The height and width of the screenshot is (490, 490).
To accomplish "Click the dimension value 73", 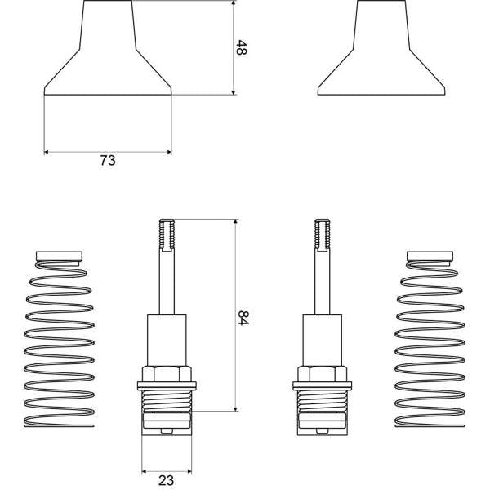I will [107, 161].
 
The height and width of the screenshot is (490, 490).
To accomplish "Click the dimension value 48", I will [242, 48].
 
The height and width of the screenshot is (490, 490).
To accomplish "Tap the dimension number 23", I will [166, 480].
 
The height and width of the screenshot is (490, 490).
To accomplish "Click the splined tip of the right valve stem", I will [324, 236].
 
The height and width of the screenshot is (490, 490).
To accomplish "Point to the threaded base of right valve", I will [324, 401].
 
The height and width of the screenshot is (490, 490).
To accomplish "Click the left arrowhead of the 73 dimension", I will [47, 151].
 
